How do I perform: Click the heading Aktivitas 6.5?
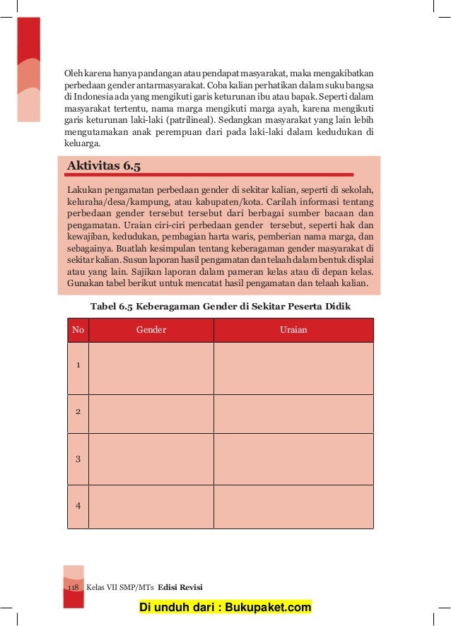103,166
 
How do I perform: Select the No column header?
78,330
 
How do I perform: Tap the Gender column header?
151,330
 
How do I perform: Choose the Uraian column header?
293,330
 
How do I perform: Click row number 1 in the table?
78,365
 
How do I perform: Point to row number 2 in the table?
78,411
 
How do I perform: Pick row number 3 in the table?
78,459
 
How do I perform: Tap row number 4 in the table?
78,506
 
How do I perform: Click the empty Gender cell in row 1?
151,367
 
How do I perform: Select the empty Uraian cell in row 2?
293,413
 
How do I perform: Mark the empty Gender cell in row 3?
151,459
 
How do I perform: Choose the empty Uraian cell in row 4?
293,507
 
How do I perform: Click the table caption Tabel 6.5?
221,306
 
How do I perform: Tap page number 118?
73,588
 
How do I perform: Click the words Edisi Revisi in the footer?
180,588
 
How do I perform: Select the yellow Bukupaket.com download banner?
225,608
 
